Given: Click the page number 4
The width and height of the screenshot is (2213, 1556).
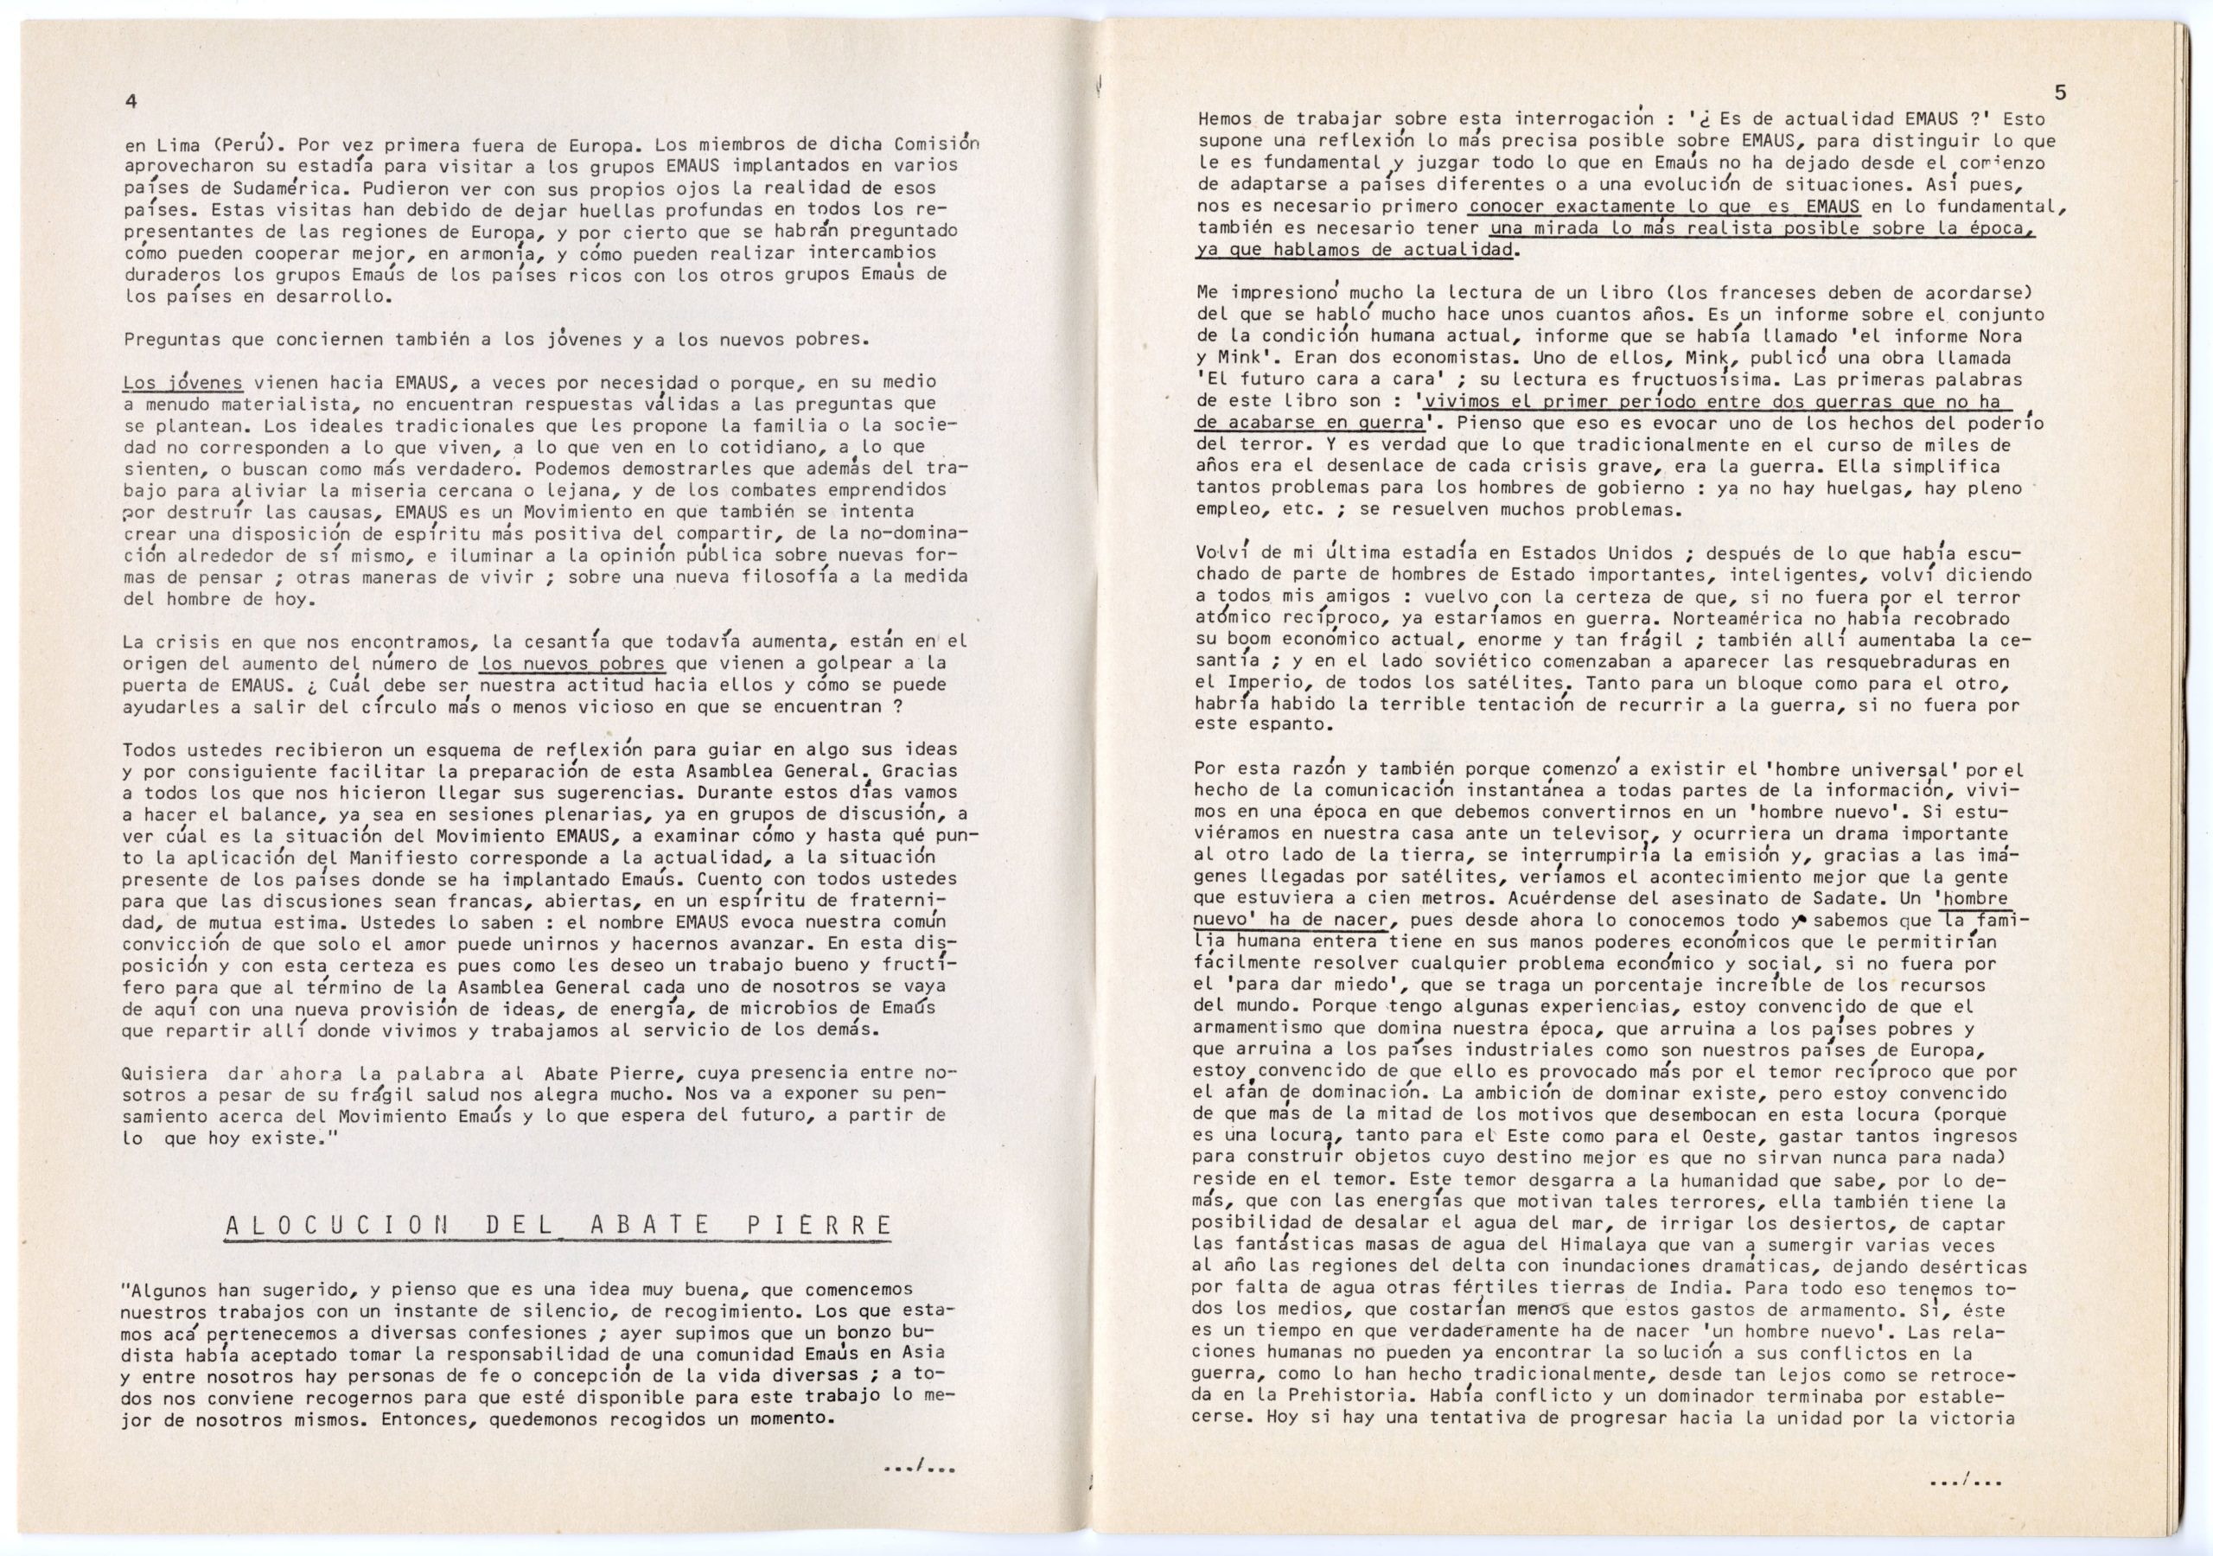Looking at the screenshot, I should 131,102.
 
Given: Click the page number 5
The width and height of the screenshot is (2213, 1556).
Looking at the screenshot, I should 2060,93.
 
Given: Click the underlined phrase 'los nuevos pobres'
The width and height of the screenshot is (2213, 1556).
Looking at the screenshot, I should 572,663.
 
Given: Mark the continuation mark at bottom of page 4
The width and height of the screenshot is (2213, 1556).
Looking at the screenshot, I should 920,1470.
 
